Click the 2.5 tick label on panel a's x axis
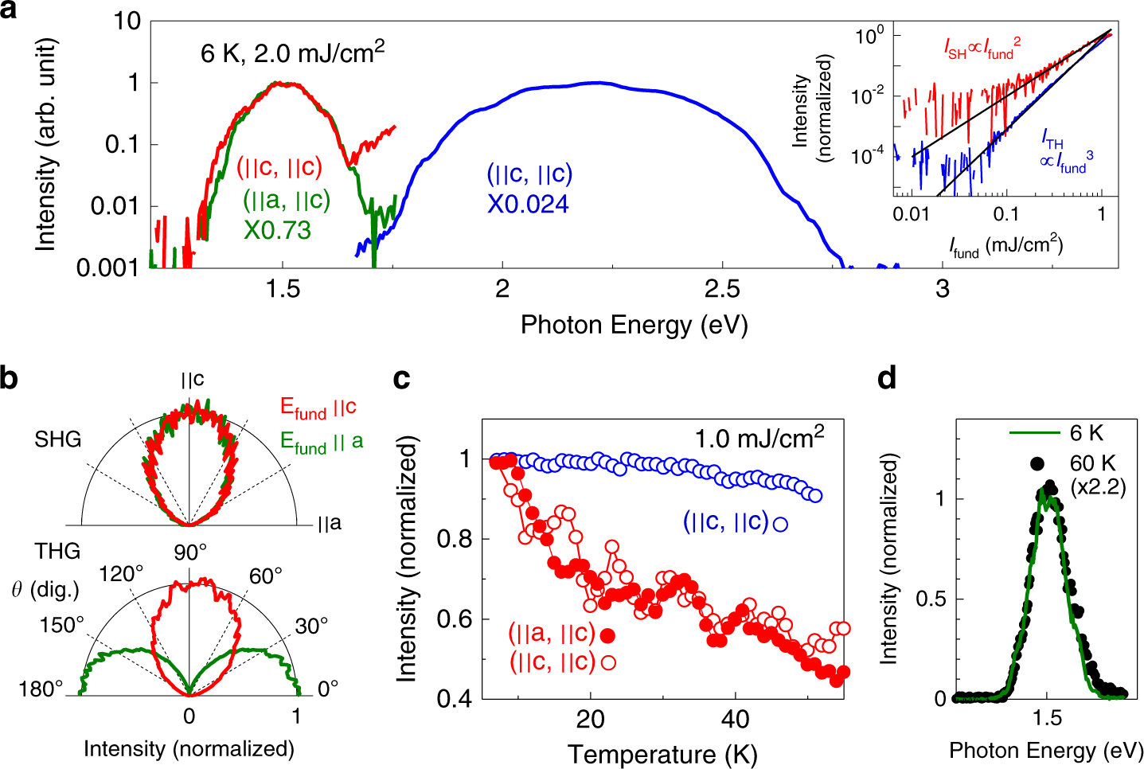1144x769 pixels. coord(722,288)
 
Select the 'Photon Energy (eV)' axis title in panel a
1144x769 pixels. coord(634,325)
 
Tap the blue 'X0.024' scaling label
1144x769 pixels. coord(528,205)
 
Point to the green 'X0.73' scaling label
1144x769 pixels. coord(276,230)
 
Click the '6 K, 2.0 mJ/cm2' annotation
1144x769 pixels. coord(292,53)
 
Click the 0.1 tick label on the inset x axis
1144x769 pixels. coord(1005,214)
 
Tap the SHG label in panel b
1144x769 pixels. coord(57,439)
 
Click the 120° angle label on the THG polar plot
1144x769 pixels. coord(121,575)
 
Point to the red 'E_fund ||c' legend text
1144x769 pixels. coord(318,408)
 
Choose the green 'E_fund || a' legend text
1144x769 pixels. coord(321,443)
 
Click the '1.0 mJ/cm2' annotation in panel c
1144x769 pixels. coord(759,438)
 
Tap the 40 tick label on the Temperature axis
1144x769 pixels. coord(734,720)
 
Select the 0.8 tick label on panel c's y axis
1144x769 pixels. coord(454,540)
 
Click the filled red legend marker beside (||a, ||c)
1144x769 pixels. coord(608,635)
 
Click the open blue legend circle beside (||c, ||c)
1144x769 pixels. coord(780,524)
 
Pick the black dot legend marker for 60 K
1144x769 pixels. coord(1036,463)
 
